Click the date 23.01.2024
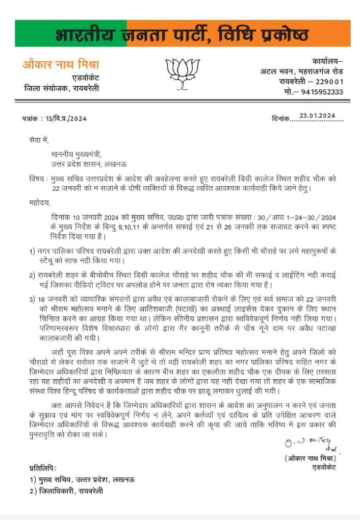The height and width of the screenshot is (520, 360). [318, 116]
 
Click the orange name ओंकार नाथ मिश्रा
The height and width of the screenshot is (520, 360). [61, 65]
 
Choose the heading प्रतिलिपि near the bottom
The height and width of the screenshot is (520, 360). [43, 468]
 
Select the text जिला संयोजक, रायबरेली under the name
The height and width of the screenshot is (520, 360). [62, 88]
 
